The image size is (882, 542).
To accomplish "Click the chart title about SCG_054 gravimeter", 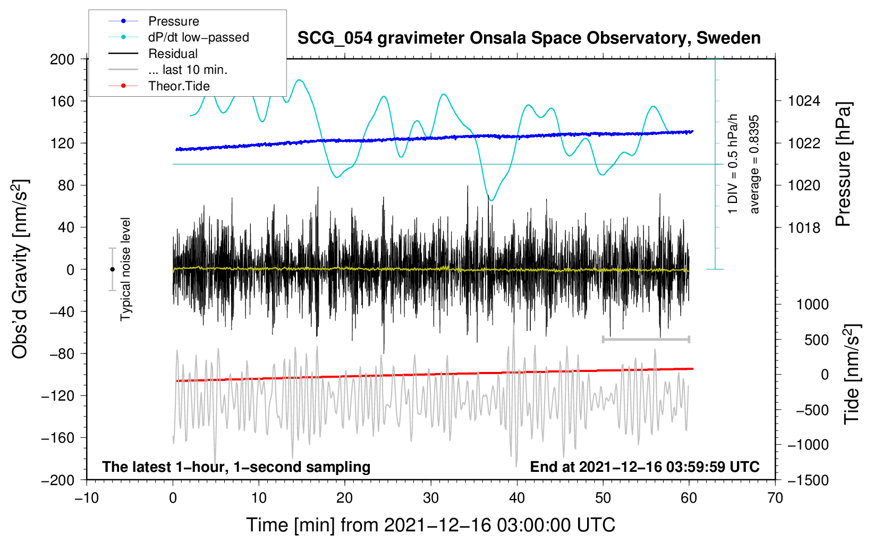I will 529,38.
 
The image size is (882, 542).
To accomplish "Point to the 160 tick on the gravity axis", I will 62,101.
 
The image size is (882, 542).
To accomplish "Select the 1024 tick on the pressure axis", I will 804,101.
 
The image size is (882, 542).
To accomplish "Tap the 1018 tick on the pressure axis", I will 804,228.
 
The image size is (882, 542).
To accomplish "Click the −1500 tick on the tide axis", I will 808,480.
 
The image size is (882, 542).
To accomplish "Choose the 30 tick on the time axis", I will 431,498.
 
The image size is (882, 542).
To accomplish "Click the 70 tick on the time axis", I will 775,498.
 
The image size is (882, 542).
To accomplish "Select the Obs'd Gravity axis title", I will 20,269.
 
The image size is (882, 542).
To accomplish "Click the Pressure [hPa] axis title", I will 843,164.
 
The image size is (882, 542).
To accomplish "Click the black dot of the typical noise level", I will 112,269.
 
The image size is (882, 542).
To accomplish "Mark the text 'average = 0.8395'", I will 754,164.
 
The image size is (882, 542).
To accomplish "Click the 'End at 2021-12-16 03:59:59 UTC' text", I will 644,467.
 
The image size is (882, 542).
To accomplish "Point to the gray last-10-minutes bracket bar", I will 646,339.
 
